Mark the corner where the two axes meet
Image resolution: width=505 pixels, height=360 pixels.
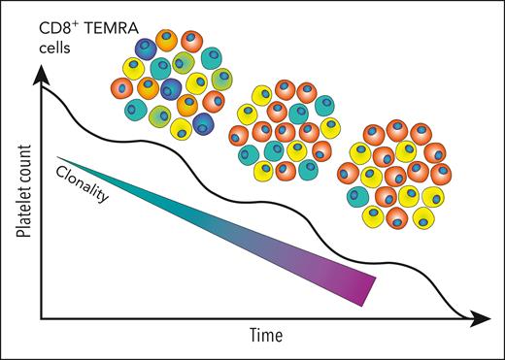40,317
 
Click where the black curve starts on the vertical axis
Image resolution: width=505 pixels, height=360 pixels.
41,90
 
